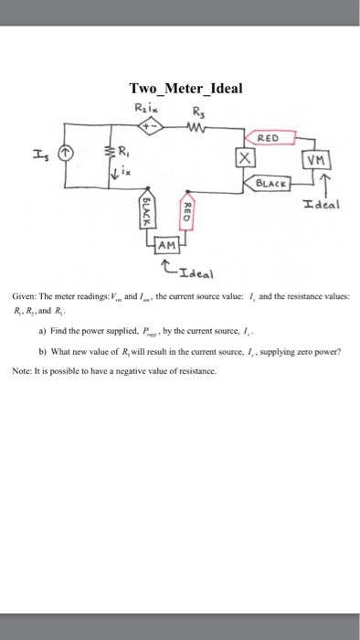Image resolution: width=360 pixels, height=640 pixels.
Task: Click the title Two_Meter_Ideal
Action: coord(185,89)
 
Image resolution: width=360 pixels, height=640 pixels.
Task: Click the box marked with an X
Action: coord(244,158)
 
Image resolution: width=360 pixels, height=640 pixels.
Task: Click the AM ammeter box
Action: coord(166,245)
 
